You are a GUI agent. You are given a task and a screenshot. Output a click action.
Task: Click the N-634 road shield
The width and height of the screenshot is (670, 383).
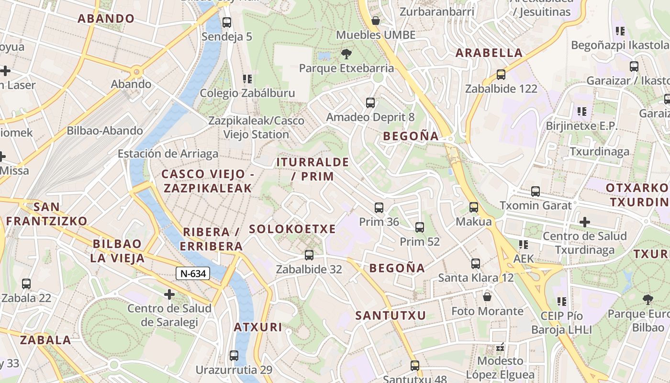pyautogui.click(x=193, y=274)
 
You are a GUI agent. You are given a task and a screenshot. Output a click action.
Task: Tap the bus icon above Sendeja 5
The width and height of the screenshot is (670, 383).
pyautogui.click(x=227, y=22)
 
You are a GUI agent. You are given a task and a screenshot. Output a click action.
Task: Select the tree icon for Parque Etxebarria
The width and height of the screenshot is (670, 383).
pyautogui.click(x=346, y=54)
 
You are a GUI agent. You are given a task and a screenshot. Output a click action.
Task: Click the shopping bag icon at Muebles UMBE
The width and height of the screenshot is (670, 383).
pyautogui.click(x=376, y=21)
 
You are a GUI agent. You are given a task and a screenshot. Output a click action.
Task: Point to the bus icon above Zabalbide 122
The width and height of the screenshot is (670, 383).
pyautogui.click(x=501, y=75)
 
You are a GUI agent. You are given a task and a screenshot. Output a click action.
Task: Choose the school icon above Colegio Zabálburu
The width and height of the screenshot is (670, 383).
pyautogui.click(x=247, y=79)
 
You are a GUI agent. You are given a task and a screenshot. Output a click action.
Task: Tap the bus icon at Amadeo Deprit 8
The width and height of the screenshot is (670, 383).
pyautogui.click(x=370, y=102)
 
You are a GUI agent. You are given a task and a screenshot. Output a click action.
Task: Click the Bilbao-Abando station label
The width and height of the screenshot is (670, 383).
pyautogui.click(x=104, y=130)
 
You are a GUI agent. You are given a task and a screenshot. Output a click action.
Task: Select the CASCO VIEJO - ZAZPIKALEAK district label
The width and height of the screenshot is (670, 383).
pyautogui.click(x=208, y=181)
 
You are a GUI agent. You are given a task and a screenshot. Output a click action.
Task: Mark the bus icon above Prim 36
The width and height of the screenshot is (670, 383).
pyautogui.click(x=379, y=208)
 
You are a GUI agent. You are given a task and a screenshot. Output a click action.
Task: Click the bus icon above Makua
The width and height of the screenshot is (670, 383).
pyautogui.click(x=474, y=207)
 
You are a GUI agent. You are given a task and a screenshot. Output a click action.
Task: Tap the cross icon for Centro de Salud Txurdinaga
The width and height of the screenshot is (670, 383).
pyautogui.click(x=584, y=222)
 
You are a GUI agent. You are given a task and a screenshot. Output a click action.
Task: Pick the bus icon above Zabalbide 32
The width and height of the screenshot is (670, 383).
pyautogui.click(x=309, y=255)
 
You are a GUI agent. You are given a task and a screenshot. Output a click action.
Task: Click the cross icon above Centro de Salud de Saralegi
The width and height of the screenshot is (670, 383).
pyautogui.click(x=169, y=294)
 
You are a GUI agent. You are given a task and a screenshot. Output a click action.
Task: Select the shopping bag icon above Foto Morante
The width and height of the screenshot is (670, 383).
pyautogui.click(x=487, y=297)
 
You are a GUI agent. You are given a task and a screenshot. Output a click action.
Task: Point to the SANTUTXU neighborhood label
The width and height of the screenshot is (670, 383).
pyautogui.click(x=391, y=315)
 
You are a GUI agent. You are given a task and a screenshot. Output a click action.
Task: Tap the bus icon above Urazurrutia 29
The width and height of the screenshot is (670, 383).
pyautogui.click(x=234, y=356)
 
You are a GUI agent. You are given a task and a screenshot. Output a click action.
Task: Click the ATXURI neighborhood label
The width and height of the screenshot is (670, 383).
pyautogui.click(x=258, y=327)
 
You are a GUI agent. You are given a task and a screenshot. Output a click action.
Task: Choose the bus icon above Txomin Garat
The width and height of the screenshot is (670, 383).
pyautogui.click(x=536, y=191)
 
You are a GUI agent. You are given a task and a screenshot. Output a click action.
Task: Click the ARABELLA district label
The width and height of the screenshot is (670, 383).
pyautogui.click(x=489, y=53)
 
